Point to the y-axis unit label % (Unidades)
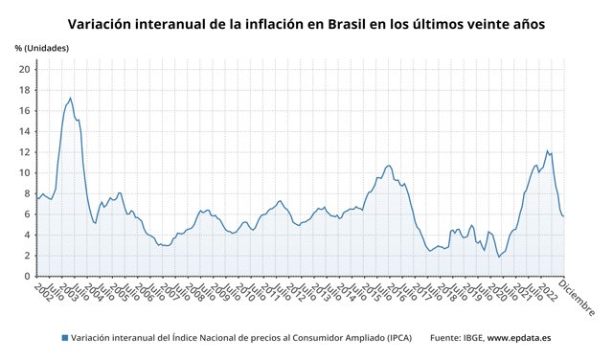[41, 47]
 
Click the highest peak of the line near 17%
[70, 98]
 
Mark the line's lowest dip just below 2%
[499, 257]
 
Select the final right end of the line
[563, 216]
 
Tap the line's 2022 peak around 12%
[547, 150]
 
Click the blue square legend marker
[65, 337]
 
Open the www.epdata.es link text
[518, 337]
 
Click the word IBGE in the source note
[469, 337]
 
